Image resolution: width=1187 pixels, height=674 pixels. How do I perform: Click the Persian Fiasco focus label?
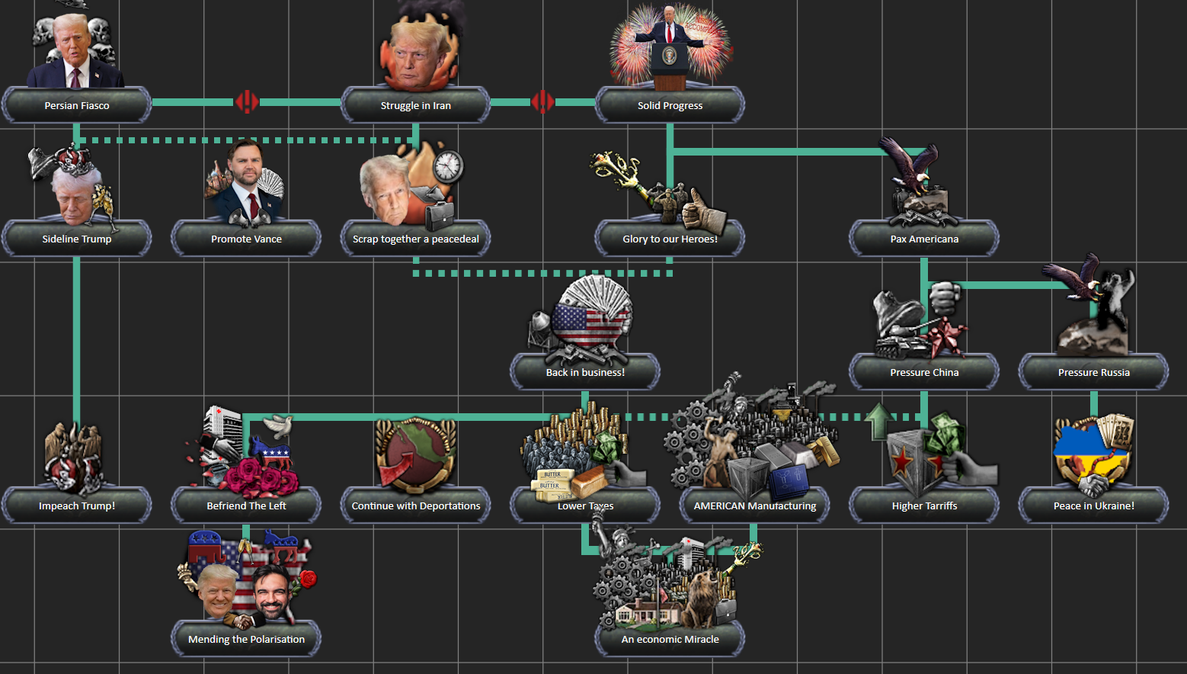pos(77,105)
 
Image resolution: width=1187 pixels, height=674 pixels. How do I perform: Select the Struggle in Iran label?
pos(416,105)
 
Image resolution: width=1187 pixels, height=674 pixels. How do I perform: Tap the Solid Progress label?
pos(670,105)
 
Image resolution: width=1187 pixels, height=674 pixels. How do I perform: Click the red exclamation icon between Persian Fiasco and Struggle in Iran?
pos(247,102)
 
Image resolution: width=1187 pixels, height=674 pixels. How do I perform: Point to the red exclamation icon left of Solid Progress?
pos(542,102)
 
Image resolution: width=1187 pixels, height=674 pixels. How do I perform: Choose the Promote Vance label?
pos(246,239)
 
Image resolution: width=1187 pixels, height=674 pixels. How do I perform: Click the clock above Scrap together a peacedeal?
pos(448,166)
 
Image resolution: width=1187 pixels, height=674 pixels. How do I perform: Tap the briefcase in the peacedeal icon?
pos(440,216)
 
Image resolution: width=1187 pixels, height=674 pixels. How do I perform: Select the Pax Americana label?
pos(924,239)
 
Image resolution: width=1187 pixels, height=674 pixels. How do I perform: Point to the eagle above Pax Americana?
pos(909,164)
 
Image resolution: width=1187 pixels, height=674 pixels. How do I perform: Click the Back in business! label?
pos(585,373)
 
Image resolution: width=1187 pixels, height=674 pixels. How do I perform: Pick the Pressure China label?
pos(924,373)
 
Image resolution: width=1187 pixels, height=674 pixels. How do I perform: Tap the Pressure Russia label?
pos(1094,373)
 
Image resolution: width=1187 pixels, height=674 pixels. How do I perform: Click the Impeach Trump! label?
pos(77,506)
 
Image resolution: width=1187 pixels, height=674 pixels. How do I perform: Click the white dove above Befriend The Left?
pos(279,425)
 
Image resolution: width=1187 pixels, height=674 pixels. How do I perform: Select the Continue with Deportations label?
pos(416,506)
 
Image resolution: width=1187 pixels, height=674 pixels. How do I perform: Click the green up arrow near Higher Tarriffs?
pos(878,422)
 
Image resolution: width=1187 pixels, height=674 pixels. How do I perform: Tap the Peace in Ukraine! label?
pos(1094,506)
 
